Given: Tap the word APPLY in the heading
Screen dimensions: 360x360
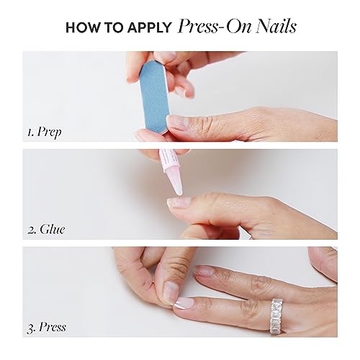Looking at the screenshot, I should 150,28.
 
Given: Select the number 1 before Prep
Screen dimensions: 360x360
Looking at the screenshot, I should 30,132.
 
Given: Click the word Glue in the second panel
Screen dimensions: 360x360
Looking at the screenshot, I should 50,231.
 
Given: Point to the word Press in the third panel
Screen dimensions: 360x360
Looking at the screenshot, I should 52,328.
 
